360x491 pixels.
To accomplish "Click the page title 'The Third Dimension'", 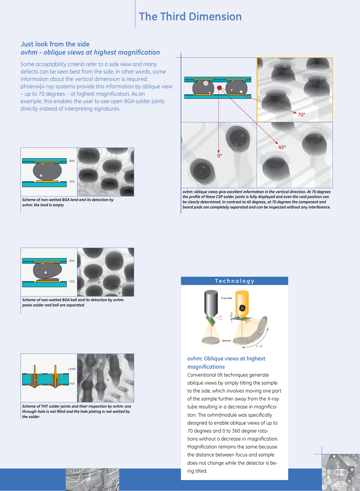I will click(190, 16).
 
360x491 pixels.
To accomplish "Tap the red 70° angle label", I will click(301, 115).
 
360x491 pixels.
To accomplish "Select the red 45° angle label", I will click(282, 147).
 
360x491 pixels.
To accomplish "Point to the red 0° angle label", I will click(220, 156).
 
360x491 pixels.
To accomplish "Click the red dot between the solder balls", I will click(219, 88).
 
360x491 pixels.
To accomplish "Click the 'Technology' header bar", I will click(234, 281).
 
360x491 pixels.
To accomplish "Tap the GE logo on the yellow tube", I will click(242, 308).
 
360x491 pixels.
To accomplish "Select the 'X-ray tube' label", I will click(226, 298).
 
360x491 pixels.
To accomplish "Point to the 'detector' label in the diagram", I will click(226, 341).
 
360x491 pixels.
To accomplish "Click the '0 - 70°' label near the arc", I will click(259, 346).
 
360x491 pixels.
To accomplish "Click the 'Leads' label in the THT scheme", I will click(72, 369).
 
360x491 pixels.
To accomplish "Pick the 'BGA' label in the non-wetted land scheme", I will click(72, 161).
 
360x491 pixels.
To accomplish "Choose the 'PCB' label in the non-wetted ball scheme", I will click(72, 282).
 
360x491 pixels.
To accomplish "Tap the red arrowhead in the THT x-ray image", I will click(108, 380).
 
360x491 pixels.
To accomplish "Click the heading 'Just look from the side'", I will click(55, 44).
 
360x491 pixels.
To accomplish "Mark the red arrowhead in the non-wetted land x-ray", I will click(115, 174).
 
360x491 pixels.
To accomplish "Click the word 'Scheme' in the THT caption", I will click(29, 406).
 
